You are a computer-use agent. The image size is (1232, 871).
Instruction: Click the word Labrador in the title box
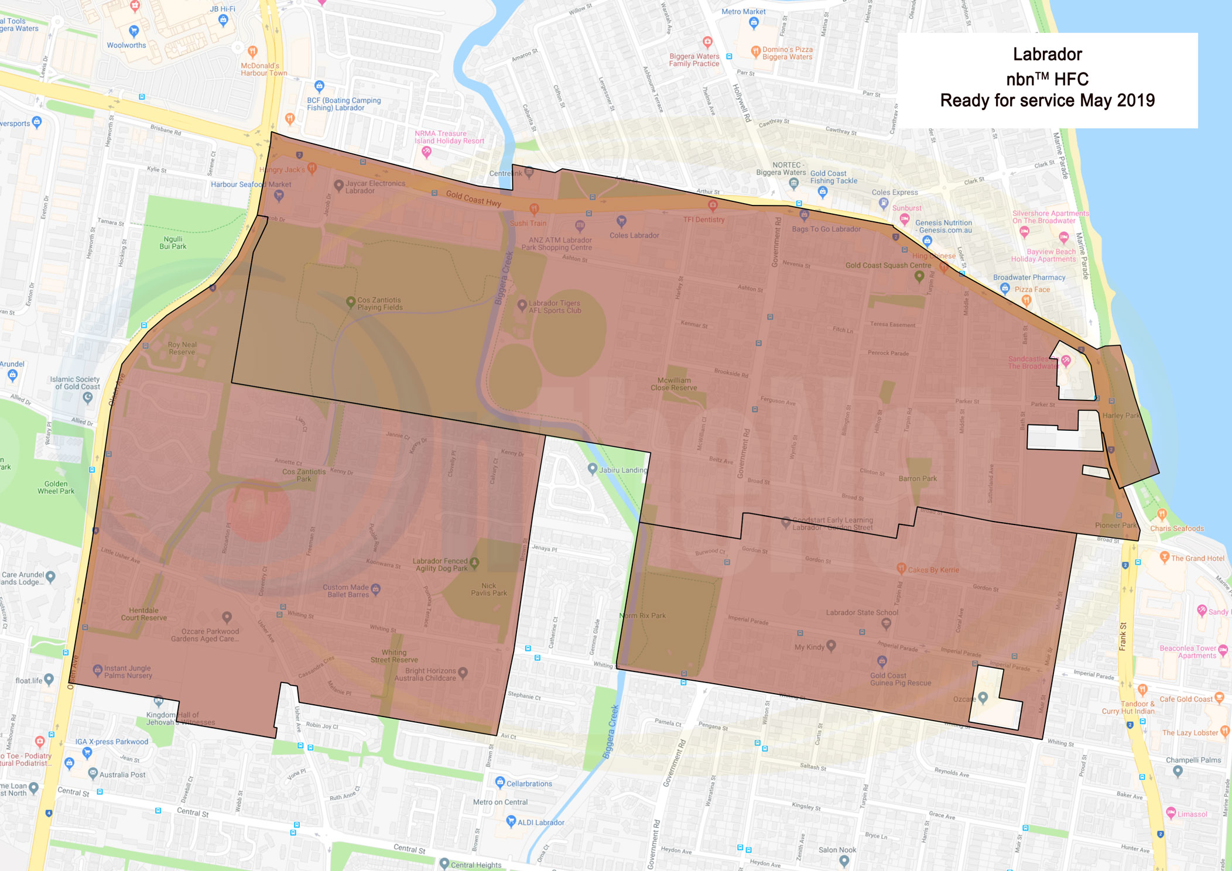[x=1047, y=54]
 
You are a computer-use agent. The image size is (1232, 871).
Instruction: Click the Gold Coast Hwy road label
[x=473, y=198]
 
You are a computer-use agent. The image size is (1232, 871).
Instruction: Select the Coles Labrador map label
[x=634, y=235]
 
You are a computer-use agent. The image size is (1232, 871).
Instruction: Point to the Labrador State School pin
[x=886, y=623]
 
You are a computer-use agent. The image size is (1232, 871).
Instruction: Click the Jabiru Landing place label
[x=623, y=470]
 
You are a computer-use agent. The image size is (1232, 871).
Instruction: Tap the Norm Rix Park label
[x=643, y=616]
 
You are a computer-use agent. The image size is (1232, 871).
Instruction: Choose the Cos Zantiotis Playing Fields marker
[x=350, y=302]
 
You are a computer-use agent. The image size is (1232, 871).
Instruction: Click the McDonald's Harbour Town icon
[x=252, y=52]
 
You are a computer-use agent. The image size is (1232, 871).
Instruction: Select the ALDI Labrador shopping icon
[x=511, y=821]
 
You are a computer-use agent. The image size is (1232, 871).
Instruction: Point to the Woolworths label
[x=126, y=45]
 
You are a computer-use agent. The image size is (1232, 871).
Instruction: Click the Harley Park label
[x=1121, y=416]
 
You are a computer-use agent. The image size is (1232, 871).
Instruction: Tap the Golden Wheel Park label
[x=56, y=488]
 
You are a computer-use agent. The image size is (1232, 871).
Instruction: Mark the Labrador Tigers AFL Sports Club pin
[x=522, y=305]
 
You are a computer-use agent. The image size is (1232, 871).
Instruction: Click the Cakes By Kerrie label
[x=933, y=570]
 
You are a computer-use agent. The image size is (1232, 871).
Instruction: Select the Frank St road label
[x=1123, y=637]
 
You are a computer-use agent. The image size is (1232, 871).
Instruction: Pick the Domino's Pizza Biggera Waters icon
[x=755, y=52]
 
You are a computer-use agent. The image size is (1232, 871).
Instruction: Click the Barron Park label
[x=918, y=478]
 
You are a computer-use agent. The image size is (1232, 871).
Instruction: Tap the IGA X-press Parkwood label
[x=111, y=742]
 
